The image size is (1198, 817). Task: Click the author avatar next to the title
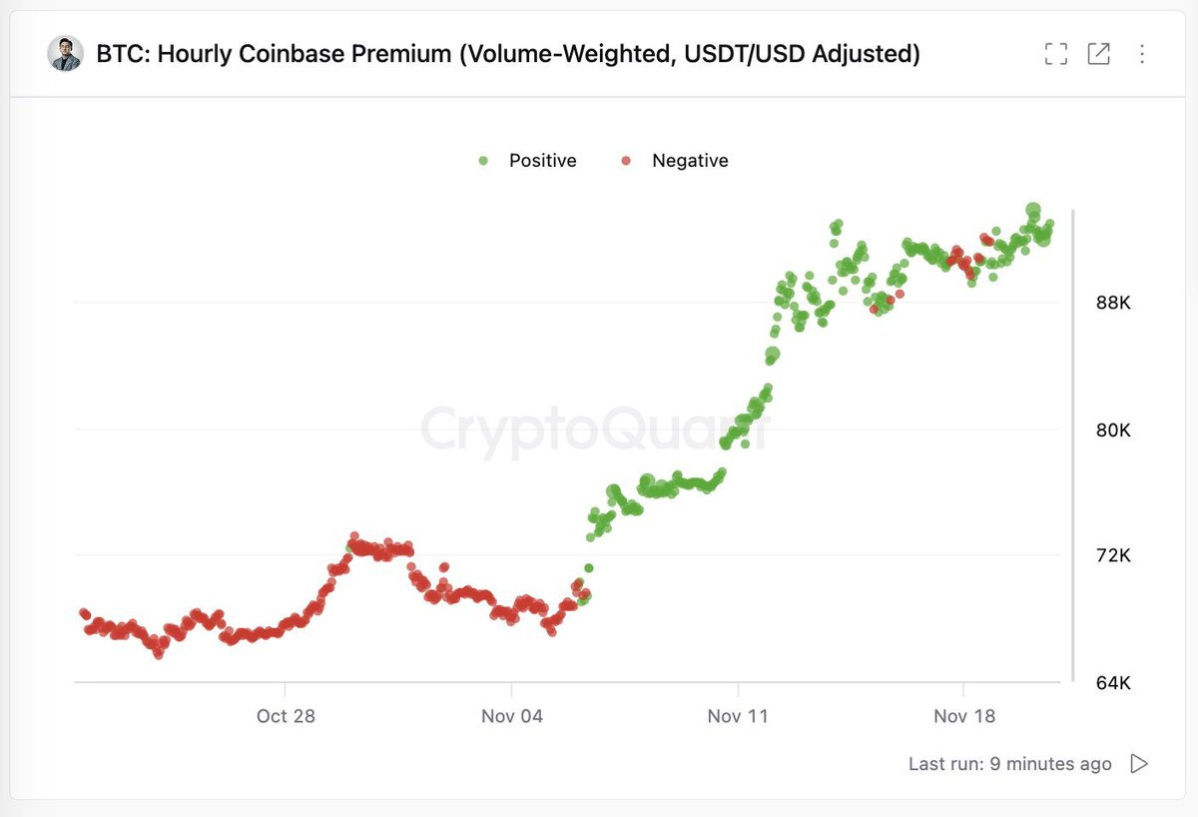[x=65, y=54]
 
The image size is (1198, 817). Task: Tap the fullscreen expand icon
[x=1055, y=54]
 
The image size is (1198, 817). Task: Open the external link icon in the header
[x=1098, y=54]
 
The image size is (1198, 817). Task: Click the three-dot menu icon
[x=1142, y=54]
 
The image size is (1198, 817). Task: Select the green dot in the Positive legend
[x=483, y=161]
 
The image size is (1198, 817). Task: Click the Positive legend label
[x=542, y=161]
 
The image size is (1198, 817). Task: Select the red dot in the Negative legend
[x=626, y=161]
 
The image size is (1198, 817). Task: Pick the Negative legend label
[x=690, y=161]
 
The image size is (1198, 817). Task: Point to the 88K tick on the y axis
[x=1112, y=303]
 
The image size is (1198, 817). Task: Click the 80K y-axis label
[x=1112, y=430]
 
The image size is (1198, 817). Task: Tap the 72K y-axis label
[x=1112, y=555]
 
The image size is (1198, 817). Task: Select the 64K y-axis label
[x=1112, y=683]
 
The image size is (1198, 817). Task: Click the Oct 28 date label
[x=286, y=716]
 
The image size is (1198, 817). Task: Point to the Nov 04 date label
[x=512, y=716]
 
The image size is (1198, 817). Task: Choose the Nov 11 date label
[x=738, y=716]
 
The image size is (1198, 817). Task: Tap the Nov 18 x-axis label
[x=964, y=716]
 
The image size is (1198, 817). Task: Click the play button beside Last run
[x=1139, y=764]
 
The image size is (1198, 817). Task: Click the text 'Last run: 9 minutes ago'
[x=1009, y=764]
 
